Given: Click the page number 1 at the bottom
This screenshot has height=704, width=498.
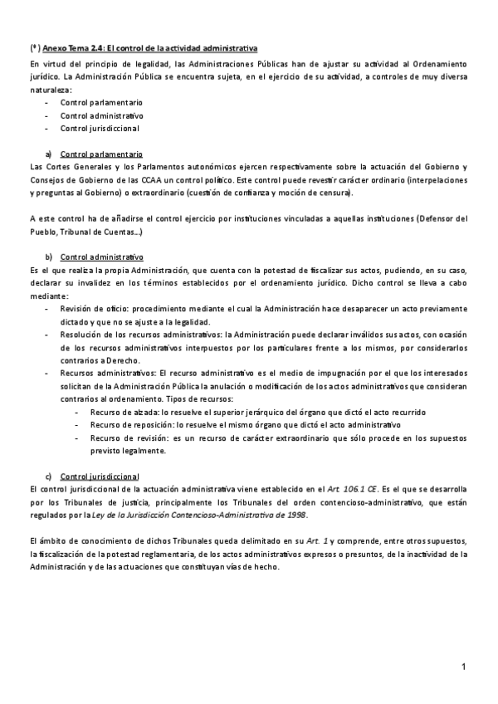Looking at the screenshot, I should [464, 667].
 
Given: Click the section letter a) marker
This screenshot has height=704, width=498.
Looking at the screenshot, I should [50, 154].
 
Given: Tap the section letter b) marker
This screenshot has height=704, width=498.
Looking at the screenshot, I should [50, 257].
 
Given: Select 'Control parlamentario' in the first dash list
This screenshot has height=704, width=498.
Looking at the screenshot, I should [101, 102].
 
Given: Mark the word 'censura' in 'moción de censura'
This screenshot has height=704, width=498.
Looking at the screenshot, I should [336, 193].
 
